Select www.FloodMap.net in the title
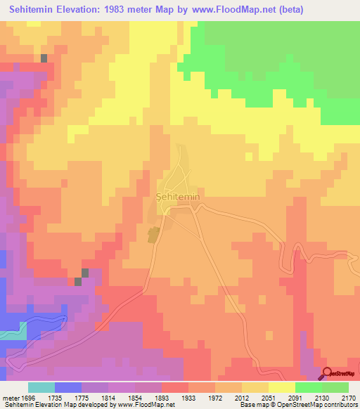[x=238, y=8]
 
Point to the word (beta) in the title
[x=299, y=8]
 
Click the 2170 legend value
[x=349, y=397]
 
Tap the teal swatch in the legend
[x=41, y=387]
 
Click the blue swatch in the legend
[x=67, y=387]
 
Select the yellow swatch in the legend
[x=281, y=387]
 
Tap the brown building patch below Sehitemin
[x=153, y=235]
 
